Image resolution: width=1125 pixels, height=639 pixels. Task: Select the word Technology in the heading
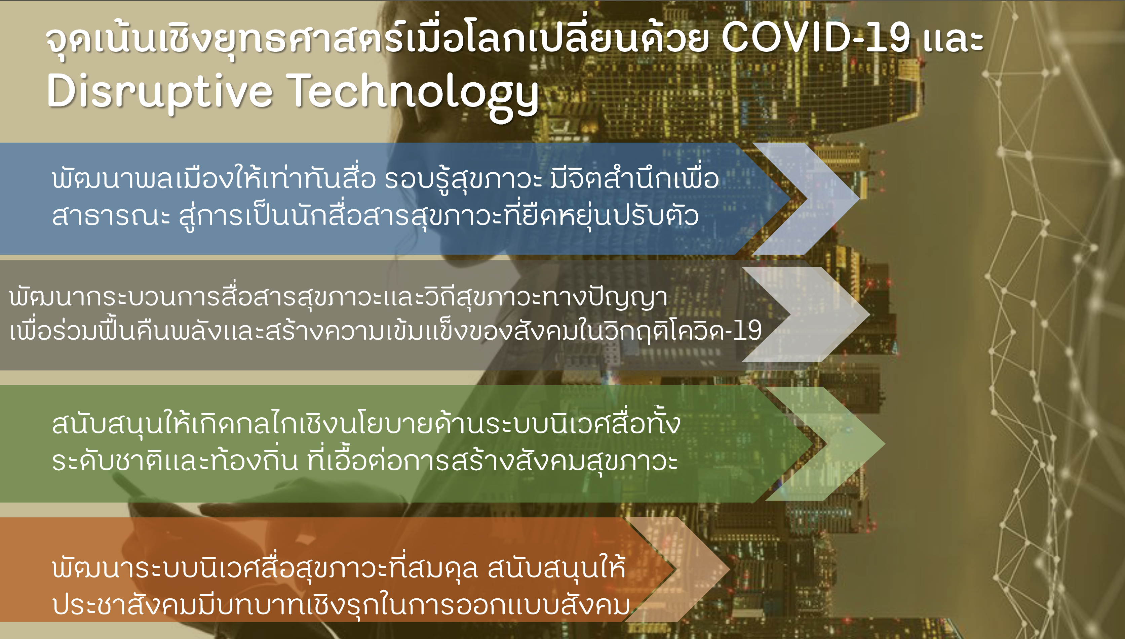(x=413, y=94)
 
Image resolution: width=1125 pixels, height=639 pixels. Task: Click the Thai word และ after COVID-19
(x=953, y=39)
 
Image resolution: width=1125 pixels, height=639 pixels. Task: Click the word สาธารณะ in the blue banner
(x=111, y=216)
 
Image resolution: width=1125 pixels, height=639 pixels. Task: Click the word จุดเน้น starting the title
(x=100, y=40)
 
